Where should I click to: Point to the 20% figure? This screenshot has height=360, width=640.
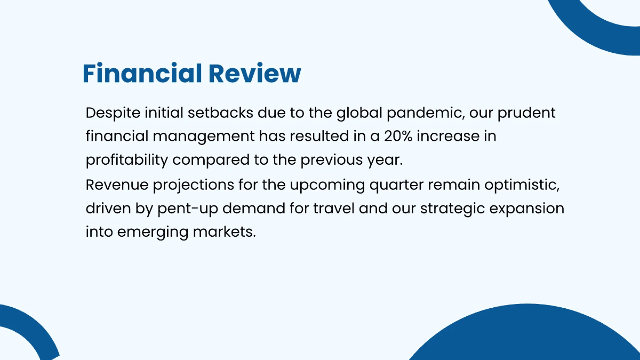point(397,137)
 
